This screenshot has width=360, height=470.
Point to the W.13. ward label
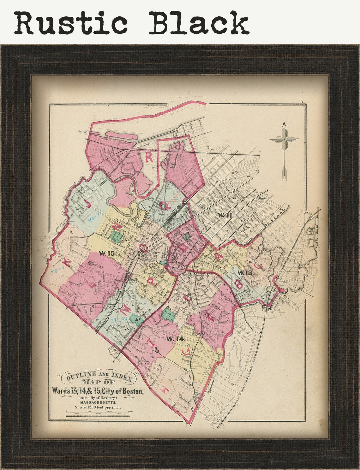click(246, 273)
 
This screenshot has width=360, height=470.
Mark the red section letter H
click(165, 390)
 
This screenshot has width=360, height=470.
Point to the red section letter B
click(239, 284)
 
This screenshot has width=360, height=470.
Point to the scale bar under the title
click(98, 414)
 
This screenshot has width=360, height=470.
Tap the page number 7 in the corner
click(302, 101)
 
